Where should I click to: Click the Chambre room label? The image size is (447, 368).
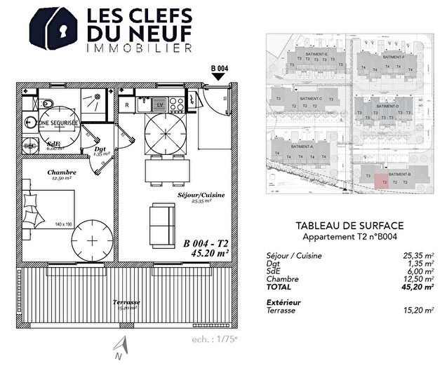62,172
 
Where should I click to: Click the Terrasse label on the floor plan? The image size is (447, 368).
127,302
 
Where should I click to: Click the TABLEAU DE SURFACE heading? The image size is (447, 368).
349,226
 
